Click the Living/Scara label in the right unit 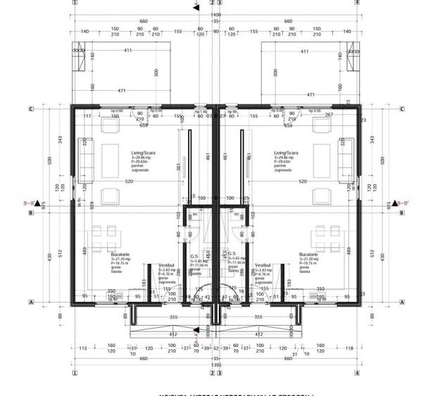pyautogui.click(x=287, y=152)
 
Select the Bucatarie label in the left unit pyautogui.click(x=123, y=255)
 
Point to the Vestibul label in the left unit pyautogui.click(x=166, y=265)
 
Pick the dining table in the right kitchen pyautogui.click(x=327, y=233)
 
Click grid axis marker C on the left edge pyautogui.click(x=31, y=109)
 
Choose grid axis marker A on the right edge pyautogui.click(x=401, y=302)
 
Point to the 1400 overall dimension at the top pyautogui.click(x=215, y=14)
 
